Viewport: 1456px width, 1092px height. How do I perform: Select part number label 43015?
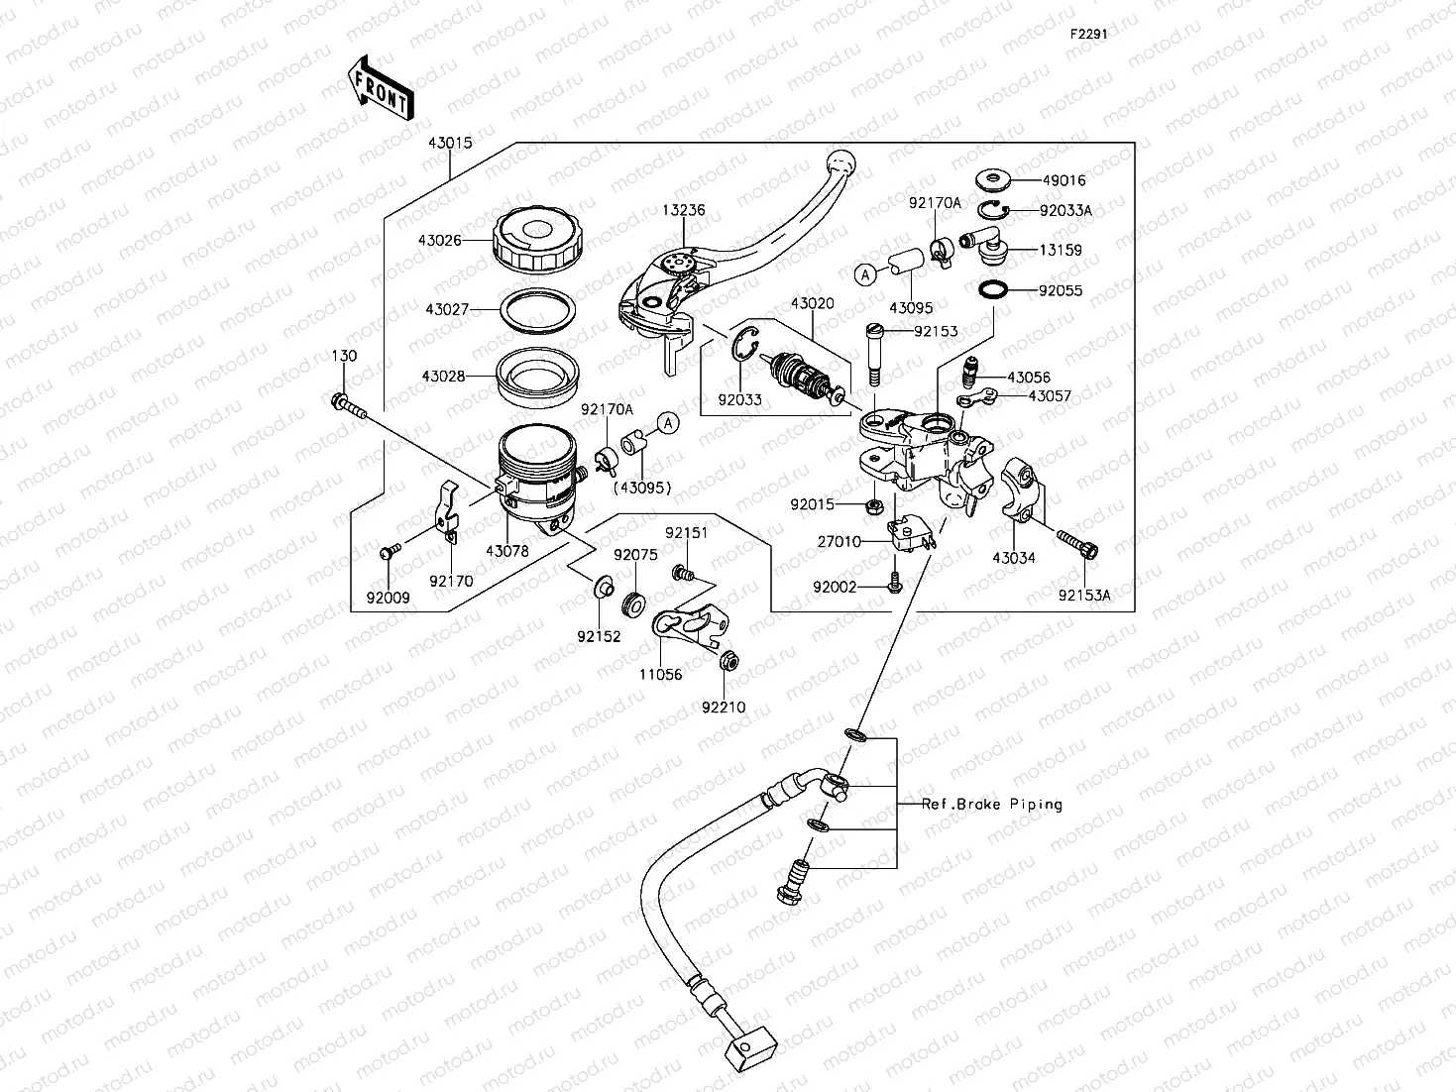450,143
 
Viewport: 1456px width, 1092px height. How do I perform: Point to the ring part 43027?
539,309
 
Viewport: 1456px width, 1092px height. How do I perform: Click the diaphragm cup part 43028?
539,375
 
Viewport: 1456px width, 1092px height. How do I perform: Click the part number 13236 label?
684,211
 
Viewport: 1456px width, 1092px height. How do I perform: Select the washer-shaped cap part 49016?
992,180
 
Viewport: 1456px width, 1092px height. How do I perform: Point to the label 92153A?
1084,596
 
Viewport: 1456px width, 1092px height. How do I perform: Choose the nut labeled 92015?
874,505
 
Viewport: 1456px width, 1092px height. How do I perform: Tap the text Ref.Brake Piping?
991,804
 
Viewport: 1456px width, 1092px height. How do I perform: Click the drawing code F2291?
1087,33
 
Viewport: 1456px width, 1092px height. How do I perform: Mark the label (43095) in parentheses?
642,488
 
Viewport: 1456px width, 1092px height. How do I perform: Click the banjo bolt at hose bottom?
794,880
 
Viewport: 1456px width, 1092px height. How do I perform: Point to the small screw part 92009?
390,550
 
